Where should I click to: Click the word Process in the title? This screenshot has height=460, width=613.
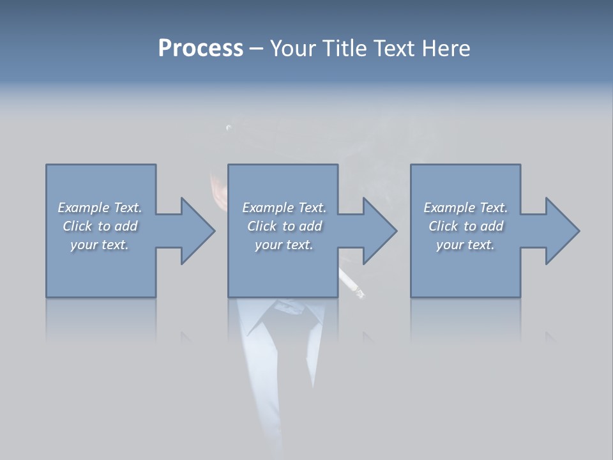coord(201,49)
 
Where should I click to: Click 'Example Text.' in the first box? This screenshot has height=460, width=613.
coord(100,208)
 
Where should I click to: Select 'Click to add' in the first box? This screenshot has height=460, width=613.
coord(100,226)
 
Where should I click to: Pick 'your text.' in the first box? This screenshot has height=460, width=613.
coord(100,245)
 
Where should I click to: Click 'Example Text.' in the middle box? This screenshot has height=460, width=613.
coord(284,208)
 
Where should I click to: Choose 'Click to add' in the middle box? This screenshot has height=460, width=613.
coord(284,226)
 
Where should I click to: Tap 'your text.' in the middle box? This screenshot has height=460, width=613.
coord(284,245)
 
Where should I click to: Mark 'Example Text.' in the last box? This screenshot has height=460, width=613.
coord(465,208)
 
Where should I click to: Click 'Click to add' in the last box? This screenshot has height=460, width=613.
coord(465,226)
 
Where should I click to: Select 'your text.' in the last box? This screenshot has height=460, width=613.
coord(465,245)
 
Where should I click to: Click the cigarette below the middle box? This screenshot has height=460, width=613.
coord(352,284)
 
